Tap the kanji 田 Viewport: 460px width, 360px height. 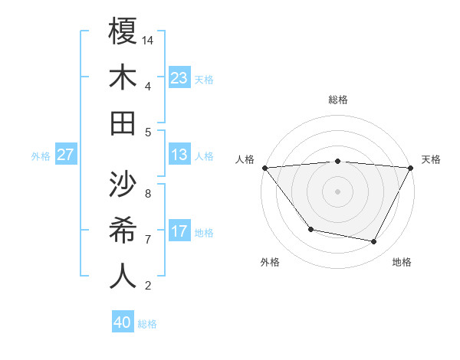(123, 122)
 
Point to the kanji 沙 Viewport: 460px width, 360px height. (123, 184)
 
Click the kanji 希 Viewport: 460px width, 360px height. (123, 230)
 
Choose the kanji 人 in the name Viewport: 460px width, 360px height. (123, 276)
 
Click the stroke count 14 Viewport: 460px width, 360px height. (149, 39)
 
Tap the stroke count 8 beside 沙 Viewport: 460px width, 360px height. (148, 194)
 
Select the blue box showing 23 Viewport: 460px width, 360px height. (179, 77)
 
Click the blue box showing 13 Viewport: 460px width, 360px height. (179, 155)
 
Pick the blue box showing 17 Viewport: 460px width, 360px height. (179, 231)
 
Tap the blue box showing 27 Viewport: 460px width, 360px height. (66, 155)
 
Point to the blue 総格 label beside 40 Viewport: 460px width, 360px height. (147, 324)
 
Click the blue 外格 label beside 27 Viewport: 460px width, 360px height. (41, 156)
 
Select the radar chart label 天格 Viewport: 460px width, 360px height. (432, 159)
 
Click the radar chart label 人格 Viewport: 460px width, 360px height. (245, 159)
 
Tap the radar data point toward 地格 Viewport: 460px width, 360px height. (374, 242)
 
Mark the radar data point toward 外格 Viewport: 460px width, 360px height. (310, 229)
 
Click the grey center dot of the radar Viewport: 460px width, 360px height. (337, 191)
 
